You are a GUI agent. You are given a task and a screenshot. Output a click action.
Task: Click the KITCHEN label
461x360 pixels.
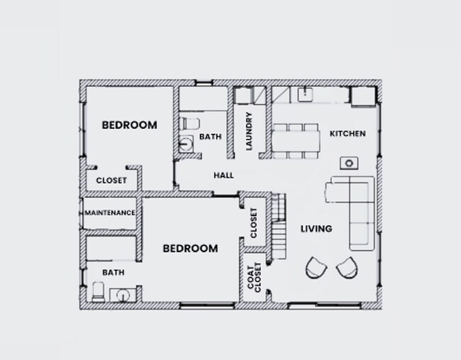pos(348,133)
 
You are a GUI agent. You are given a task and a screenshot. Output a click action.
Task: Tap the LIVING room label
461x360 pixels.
pos(316,228)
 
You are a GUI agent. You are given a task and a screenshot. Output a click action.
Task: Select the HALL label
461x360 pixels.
pos(223,176)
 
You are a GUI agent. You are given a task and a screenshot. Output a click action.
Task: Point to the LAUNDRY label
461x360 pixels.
pos(249,132)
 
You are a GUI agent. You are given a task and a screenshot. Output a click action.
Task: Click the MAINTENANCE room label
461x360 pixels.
pos(110,213)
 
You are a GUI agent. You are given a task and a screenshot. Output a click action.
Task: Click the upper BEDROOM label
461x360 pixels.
pos(129,125)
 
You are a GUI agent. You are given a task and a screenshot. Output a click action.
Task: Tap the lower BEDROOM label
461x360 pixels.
pos(190,249)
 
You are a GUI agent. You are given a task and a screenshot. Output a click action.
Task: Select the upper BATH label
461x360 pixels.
pos(209,137)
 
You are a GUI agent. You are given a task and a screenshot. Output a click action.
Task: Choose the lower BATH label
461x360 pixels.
pos(113,271)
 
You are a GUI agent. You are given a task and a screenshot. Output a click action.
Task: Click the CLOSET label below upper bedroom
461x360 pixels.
pos(111,181)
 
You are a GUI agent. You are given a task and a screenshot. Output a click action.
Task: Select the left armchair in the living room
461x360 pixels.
pos(315,268)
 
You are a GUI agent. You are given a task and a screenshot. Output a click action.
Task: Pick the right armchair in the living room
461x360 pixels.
pos(346,268)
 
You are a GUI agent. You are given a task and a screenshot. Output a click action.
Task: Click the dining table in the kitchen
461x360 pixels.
pos(296,140)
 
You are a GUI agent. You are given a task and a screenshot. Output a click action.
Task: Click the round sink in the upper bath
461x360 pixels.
pos(185,144)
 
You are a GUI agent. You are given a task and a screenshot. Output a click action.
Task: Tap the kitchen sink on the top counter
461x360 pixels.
pos(307,94)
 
